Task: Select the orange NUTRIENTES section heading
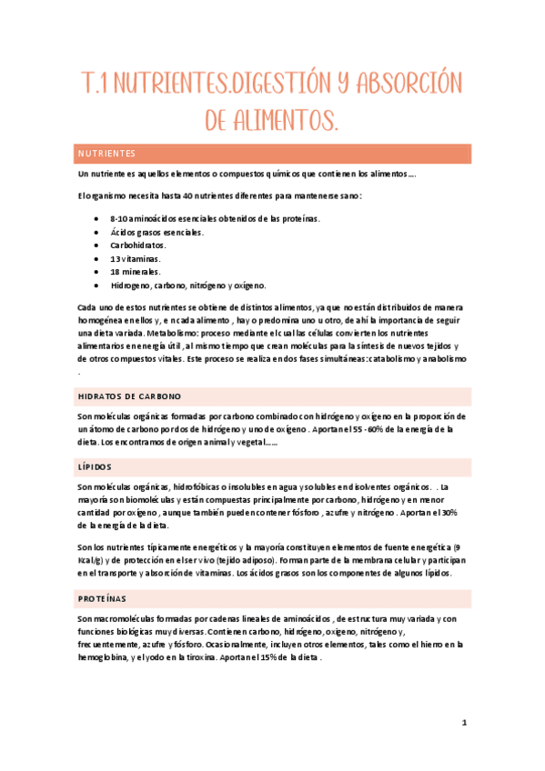(106, 154)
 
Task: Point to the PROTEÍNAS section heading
(103, 599)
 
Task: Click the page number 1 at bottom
(464, 723)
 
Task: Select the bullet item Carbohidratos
(136, 245)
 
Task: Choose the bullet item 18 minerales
(135, 272)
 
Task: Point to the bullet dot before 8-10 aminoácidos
(97, 219)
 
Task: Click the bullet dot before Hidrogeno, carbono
(97, 285)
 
